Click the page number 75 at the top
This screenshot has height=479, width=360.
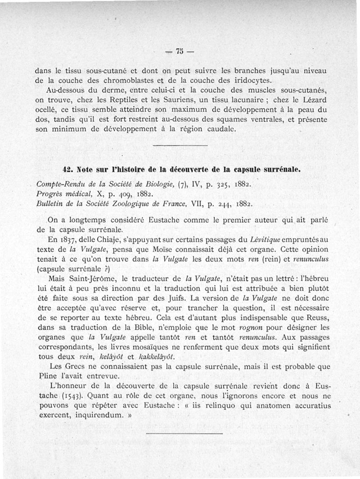(180, 51)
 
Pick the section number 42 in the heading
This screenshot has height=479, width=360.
(68, 170)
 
